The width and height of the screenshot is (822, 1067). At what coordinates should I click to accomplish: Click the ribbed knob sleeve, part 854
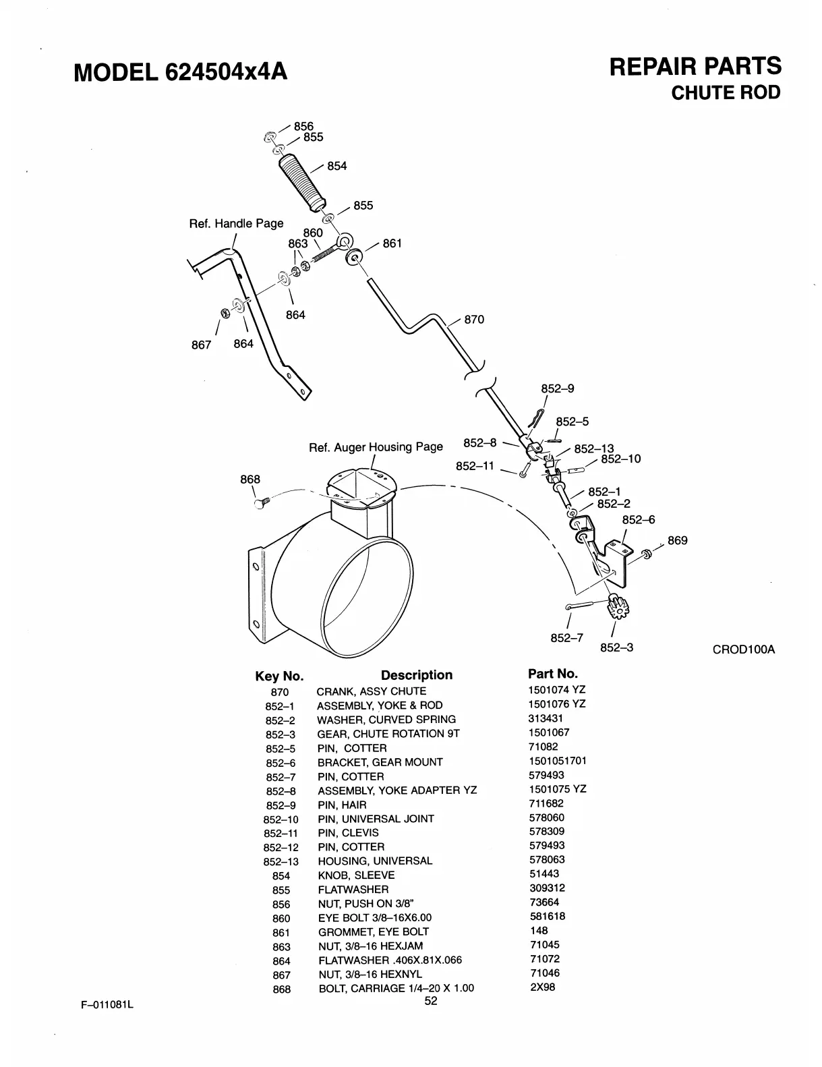pos(302,179)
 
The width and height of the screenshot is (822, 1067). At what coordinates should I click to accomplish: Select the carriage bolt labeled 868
pos(261,503)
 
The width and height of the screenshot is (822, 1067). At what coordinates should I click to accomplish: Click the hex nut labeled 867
pos(225,312)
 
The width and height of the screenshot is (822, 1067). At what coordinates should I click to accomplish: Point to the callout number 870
pos(474,320)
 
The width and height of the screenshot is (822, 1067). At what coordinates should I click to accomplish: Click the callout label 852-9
pos(558,389)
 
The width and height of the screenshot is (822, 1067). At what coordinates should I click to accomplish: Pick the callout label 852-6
pos(638,520)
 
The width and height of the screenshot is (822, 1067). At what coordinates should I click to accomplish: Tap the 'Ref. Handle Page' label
pos(236,223)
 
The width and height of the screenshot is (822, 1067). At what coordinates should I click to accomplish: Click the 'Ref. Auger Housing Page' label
pos(376,447)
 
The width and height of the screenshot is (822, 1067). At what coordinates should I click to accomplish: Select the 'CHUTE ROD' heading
pos(726,92)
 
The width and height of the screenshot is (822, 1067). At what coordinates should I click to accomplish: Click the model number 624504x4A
pos(225,70)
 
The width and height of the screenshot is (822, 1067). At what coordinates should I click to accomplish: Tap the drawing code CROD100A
pos(744,650)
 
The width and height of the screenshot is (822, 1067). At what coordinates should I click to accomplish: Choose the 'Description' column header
pos(416,675)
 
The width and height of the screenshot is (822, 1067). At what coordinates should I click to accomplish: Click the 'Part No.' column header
pos(552,674)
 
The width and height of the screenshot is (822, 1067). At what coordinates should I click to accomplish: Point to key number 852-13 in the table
pos(281,861)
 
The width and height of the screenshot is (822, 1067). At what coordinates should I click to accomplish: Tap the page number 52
pos(431,1001)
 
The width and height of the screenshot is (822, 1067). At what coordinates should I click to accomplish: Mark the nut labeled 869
pos(646,554)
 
